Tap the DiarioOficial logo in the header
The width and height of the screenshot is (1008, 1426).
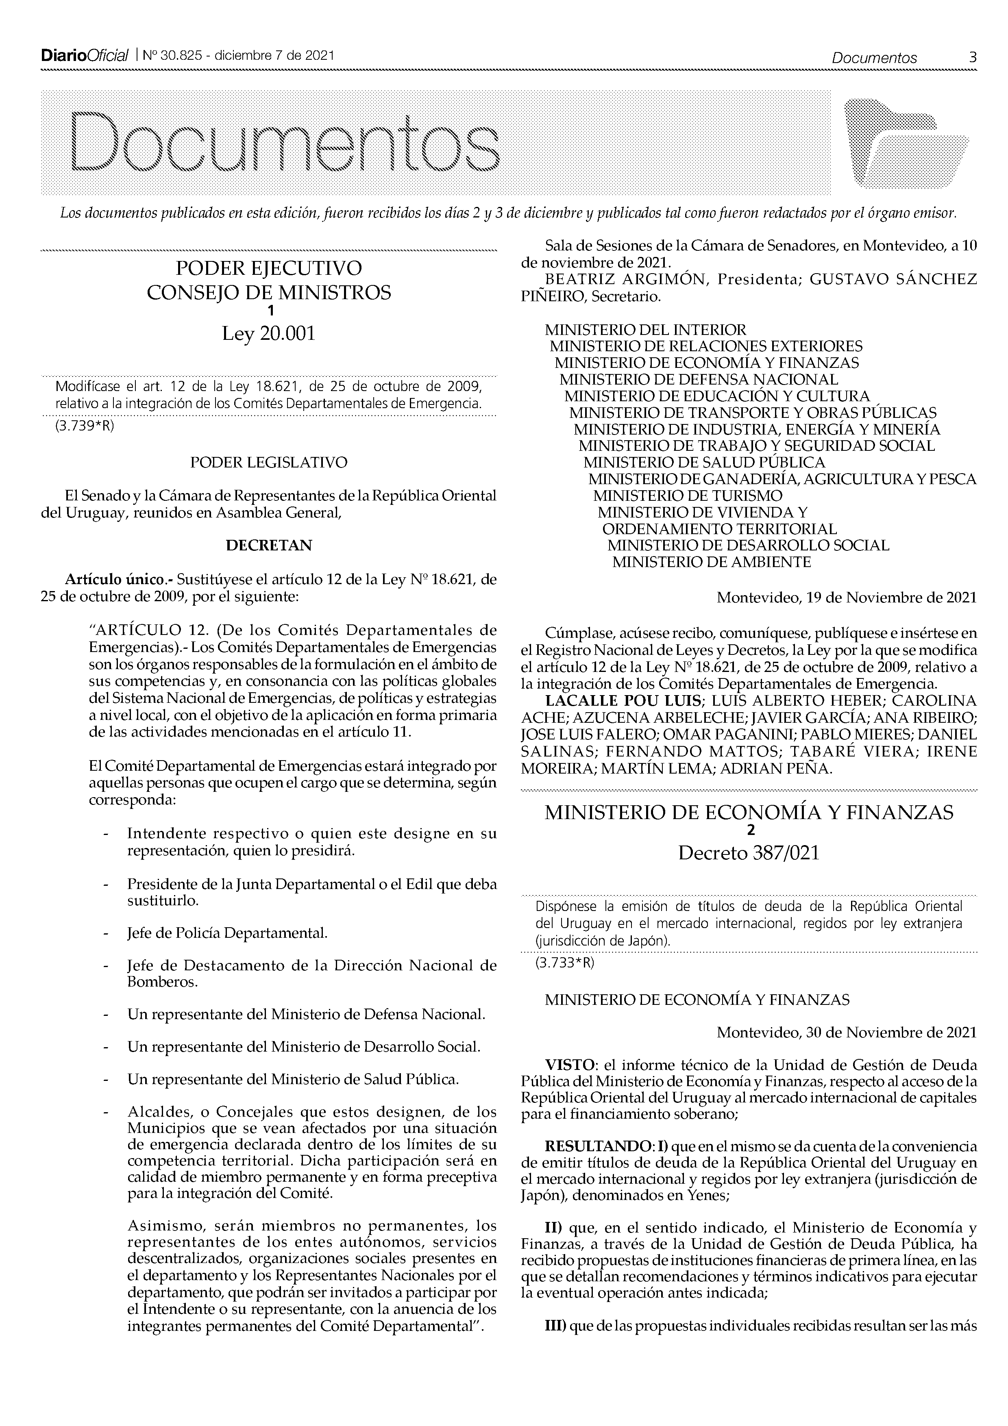click(x=84, y=56)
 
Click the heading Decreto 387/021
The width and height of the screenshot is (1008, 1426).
click(x=749, y=853)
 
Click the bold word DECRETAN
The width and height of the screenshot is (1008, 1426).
click(x=268, y=545)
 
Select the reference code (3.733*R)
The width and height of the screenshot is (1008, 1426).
click(x=564, y=963)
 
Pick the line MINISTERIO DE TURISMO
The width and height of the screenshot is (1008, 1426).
click(x=688, y=496)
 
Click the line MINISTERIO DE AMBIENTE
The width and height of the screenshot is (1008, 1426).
click(x=711, y=562)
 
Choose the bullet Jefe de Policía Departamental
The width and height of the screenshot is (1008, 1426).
click(x=227, y=933)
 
